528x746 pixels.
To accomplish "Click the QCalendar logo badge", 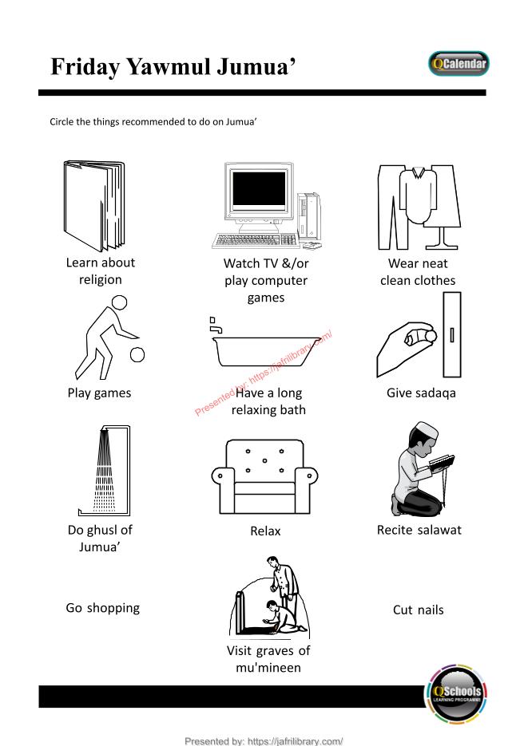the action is (459, 64).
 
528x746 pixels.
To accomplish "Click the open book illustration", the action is (94, 206).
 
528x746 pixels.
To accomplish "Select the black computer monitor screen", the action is (259, 188).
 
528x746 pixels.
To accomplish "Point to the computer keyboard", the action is (256, 241).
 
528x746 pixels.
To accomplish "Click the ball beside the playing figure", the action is (137, 354).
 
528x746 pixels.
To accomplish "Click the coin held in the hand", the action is (431, 335).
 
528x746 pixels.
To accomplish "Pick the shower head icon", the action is (104, 431).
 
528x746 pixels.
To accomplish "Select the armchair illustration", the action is (264, 476).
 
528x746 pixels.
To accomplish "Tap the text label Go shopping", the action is (103, 608).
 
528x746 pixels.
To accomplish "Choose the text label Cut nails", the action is (418, 610).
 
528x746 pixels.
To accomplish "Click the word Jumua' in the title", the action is (256, 66).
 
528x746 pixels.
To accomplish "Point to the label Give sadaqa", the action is (421, 393).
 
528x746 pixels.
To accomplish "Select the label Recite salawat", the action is (419, 530).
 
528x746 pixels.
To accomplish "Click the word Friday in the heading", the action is (85, 66).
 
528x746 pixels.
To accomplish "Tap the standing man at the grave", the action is (284, 586).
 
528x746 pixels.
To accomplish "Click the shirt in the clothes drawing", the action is (418, 195).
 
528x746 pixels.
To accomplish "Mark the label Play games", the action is (99, 393).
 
